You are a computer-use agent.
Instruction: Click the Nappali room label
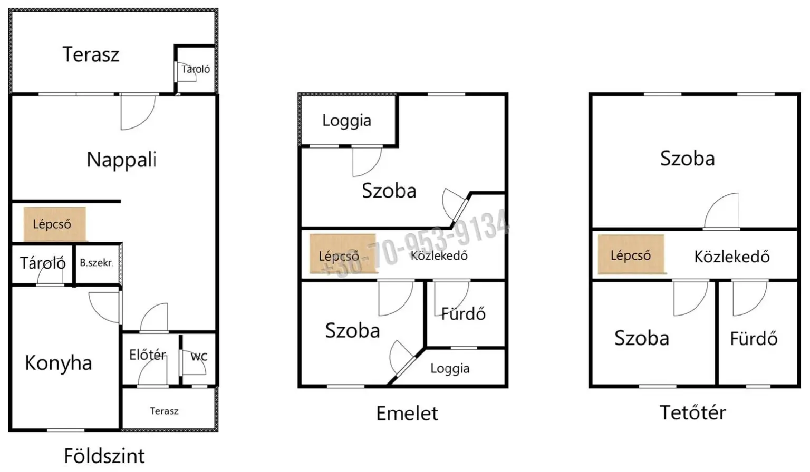pyautogui.click(x=121, y=160)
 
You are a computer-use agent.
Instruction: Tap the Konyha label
pyautogui.click(x=58, y=363)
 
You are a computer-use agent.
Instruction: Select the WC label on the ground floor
pyautogui.click(x=199, y=357)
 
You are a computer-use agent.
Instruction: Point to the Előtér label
pyautogui.click(x=148, y=355)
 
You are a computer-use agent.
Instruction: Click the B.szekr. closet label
pyautogui.click(x=96, y=263)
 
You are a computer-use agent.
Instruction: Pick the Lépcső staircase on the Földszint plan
pyautogui.click(x=55, y=224)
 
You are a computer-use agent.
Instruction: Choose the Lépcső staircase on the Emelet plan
pyautogui.click(x=343, y=254)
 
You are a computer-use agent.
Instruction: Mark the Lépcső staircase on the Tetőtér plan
pyautogui.click(x=631, y=254)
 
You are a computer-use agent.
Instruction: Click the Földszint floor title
pyautogui.click(x=104, y=456)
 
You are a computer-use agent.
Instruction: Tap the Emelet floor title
pyautogui.click(x=407, y=413)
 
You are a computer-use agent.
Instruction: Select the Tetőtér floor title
pyautogui.click(x=692, y=412)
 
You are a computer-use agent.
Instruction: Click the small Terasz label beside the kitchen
pyautogui.click(x=164, y=411)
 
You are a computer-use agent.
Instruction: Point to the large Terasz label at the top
pyautogui.click(x=91, y=54)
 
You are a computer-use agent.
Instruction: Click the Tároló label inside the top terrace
pyautogui.click(x=196, y=69)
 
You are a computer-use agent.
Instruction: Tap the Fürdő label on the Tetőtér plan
pyautogui.click(x=754, y=339)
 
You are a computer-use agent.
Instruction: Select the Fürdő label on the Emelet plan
pyautogui.click(x=463, y=314)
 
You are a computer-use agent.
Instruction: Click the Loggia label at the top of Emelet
pyautogui.click(x=346, y=121)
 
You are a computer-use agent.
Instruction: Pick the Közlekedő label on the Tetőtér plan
pyautogui.click(x=731, y=257)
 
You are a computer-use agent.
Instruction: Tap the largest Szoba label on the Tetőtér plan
pyautogui.click(x=688, y=159)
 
